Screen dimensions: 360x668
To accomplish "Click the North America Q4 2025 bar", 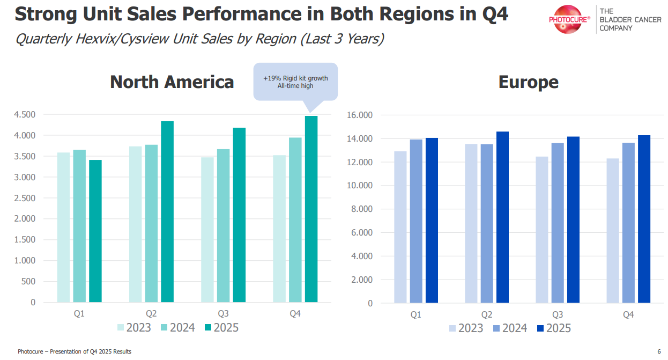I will [311, 209].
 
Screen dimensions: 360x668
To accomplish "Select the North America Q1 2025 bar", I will [95, 231].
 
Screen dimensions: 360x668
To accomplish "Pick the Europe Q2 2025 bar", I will [502, 217].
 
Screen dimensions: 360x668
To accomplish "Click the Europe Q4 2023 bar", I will [613, 231].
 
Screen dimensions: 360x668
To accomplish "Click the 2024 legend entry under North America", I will [177, 328].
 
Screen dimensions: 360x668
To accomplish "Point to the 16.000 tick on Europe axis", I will [359, 115].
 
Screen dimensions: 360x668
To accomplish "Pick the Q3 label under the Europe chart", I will [558, 315].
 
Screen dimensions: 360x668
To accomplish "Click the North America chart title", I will [172, 82].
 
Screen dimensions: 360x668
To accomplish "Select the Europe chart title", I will [528, 82].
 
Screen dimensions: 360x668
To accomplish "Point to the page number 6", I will [659, 352].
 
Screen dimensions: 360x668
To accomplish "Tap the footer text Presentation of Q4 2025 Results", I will [91, 352].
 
